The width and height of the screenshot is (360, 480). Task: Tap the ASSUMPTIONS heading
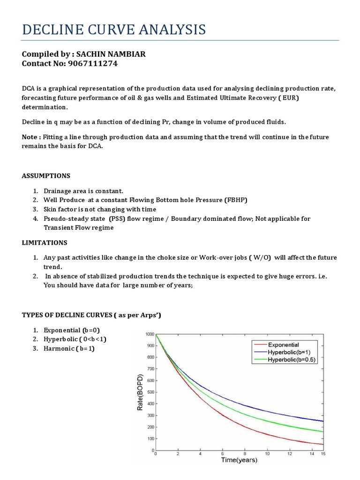(x=46, y=176)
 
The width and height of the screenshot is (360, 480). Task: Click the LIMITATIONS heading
(x=45, y=242)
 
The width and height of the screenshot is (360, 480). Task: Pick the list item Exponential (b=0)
(x=72, y=330)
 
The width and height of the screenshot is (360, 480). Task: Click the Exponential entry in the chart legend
(x=283, y=345)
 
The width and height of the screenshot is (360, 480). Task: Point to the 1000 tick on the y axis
(x=150, y=334)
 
